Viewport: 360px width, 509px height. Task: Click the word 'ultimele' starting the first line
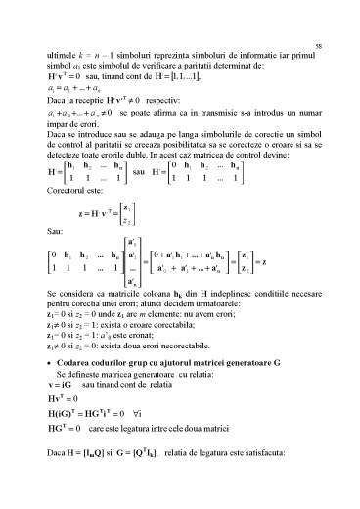click(x=61, y=61)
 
